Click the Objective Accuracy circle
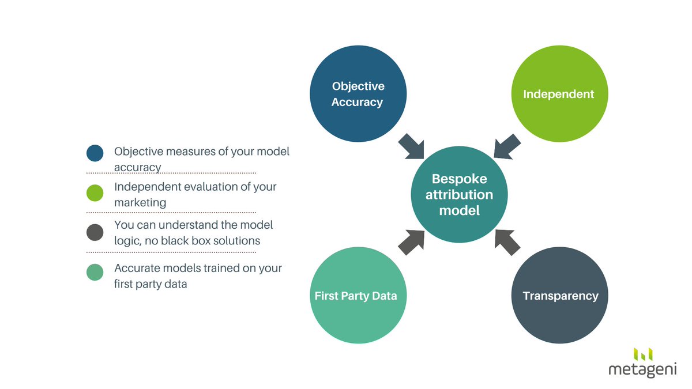pos(358,94)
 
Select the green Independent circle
pos(559,94)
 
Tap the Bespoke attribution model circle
pos(459,194)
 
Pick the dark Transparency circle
pos(559,296)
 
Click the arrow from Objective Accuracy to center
pos(411,146)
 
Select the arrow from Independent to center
pos(507,146)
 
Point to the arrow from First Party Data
pos(411,242)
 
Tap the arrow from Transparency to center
pos(507,242)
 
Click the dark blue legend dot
pos(95,153)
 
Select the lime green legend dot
pos(95,193)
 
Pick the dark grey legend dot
pos(95,232)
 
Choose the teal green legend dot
pos(95,272)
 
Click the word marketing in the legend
pos(140,202)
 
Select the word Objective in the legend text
pos(138,152)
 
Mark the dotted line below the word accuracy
pos(171,173)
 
